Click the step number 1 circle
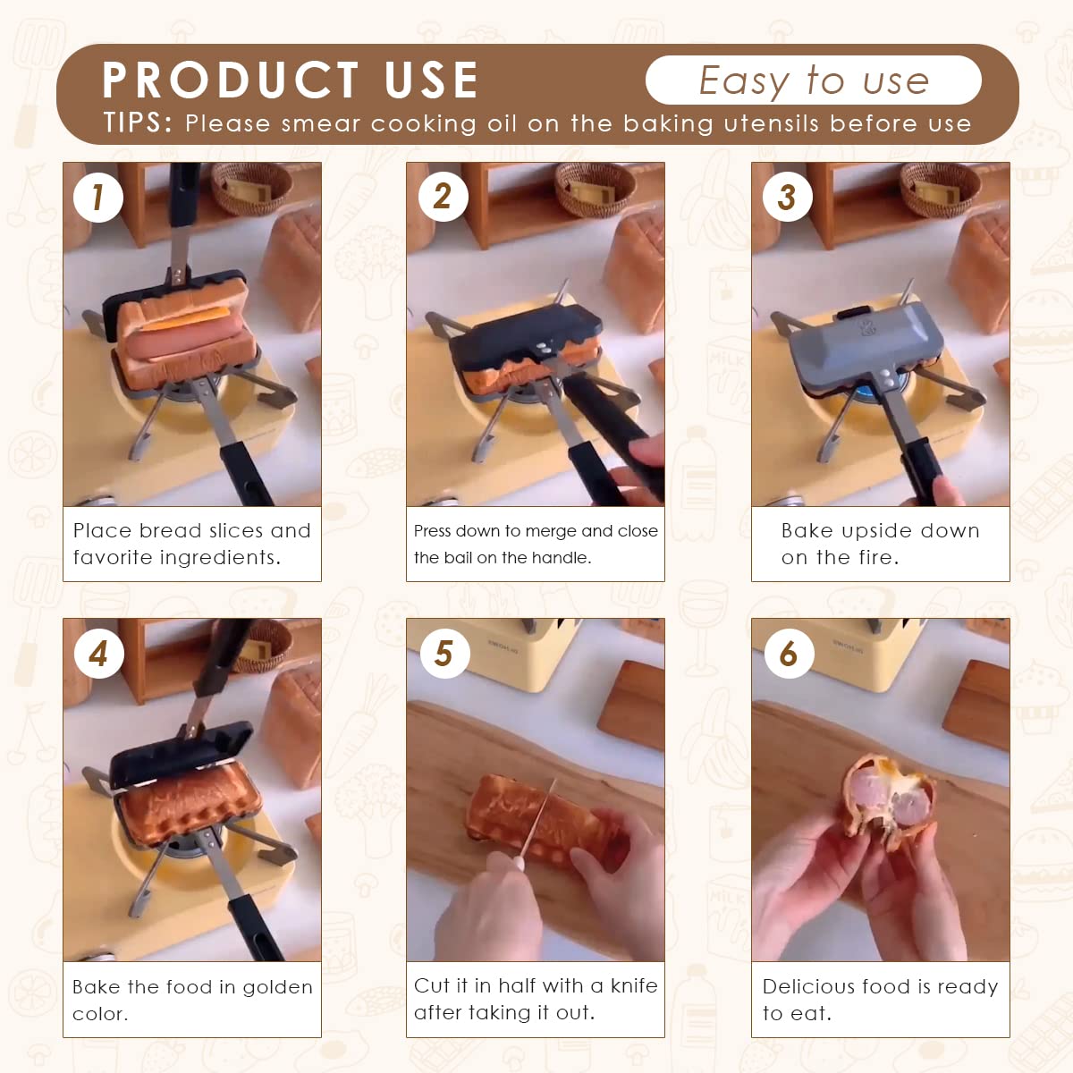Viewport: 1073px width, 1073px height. pyautogui.click(x=97, y=197)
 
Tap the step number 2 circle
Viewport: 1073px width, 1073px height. pyautogui.click(x=443, y=197)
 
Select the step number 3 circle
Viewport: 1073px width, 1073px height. pyautogui.click(x=787, y=197)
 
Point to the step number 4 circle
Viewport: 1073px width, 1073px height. pyautogui.click(x=97, y=654)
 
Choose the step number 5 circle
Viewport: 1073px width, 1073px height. pyautogui.click(x=444, y=654)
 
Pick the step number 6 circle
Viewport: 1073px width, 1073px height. pyautogui.click(x=788, y=654)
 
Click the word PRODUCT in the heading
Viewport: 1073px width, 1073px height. pyautogui.click(x=230, y=80)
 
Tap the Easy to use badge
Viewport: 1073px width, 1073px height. pyautogui.click(x=813, y=80)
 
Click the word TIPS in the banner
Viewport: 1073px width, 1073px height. pyautogui.click(x=137, y=123)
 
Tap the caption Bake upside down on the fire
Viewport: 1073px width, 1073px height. pyautogui.click(x=880, y=544)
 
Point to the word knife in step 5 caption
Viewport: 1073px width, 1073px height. pyautogui.click(x=634, y=985)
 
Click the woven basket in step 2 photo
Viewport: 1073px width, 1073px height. pyautogui.click(x=595, y=189)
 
